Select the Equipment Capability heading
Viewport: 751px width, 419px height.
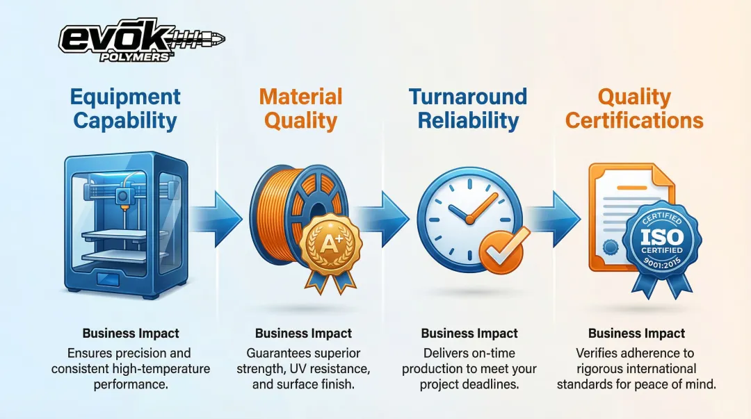tap(125, 108)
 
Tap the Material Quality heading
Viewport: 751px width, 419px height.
tap(300, 108)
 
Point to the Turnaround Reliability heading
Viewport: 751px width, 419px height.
tap(468, 108)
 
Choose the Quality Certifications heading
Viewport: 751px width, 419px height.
tap(634, 108)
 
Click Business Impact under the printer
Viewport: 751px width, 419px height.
tap(131, 334)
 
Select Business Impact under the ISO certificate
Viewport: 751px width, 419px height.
tap(636, 334)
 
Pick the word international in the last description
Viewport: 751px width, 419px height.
tap(663, 368)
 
